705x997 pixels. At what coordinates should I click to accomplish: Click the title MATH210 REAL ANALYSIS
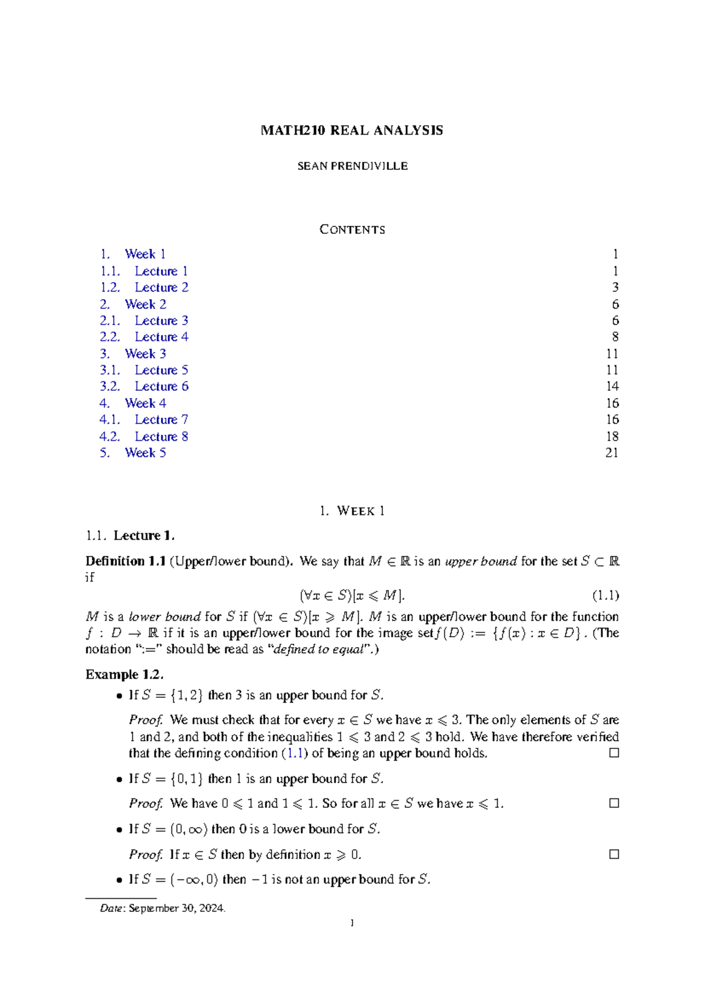coord(352,131)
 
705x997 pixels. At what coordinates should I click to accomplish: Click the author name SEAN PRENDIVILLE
coord(352,166)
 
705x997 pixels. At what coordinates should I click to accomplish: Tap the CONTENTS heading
coord(352,230)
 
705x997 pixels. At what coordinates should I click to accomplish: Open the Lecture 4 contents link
coord(161,337)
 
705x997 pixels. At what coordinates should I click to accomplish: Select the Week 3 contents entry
coord(145,354)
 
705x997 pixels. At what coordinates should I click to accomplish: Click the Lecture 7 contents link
coord(161,420)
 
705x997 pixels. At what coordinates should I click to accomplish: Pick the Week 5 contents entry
coord(145,453)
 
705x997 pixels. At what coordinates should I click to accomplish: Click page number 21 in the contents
coord(612,453)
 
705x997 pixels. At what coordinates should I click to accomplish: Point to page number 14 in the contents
coord(612,386)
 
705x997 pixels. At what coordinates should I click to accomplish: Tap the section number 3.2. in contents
coord(110,386)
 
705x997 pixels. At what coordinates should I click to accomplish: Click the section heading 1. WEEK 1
coord(352,511)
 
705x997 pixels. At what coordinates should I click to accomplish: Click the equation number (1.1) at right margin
coord(605,595)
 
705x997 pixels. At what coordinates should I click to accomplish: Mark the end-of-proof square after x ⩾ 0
coord(614,854)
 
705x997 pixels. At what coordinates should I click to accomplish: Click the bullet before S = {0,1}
coord(120,779)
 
